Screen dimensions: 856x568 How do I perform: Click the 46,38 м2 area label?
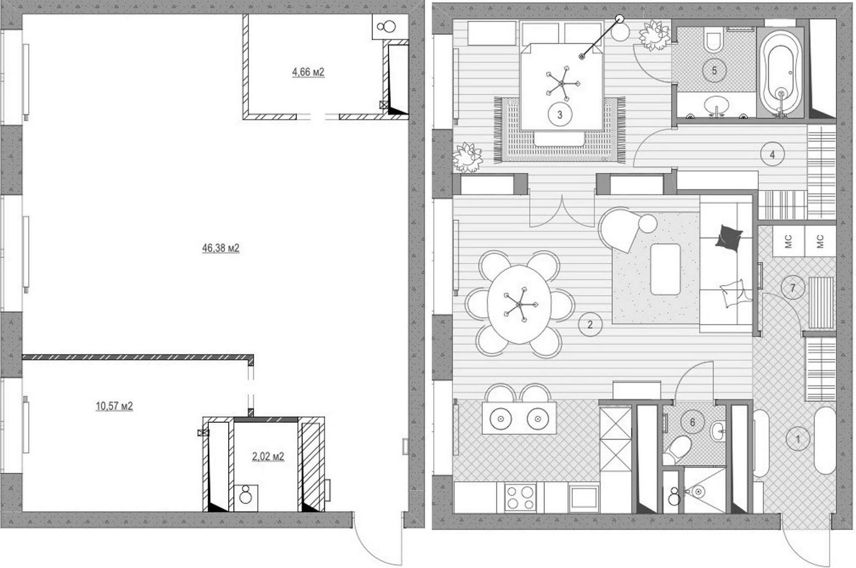pyautogui.click(x=220, y=248)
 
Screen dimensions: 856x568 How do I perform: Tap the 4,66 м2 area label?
pyautogui.click(x=308, y=72)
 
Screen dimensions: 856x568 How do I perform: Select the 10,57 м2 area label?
pyautogui.click(x=114, y=406)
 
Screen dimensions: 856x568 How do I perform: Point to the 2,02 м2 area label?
pyautogui.click(x=268, y=456)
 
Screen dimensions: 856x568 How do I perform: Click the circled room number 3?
pyautogui.click(x=560, y=115)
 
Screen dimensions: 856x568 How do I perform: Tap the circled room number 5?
pyautogui.click(x=714, y=71)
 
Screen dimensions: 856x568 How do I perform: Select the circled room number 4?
pyautogui.click(x=772, y=155)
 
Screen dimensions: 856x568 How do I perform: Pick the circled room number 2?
pyautogui.click(x=590, y=325)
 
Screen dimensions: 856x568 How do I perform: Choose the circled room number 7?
pyautogui.click(x=793, y=287)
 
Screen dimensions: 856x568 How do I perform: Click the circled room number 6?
pyautogui.click(x=693, y=422)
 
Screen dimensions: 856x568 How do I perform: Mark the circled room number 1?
pyautogui.click(x=797, y=440)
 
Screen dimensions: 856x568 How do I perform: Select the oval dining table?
pyautogui.click(x=519, y=304)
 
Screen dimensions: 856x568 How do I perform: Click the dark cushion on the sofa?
pyautogui.click(x=729, y=238)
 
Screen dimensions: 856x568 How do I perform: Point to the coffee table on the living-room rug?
pyautogui.click(x=665, y=269)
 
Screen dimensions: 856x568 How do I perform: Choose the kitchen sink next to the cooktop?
pyautogui.click(x=584, y=497)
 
